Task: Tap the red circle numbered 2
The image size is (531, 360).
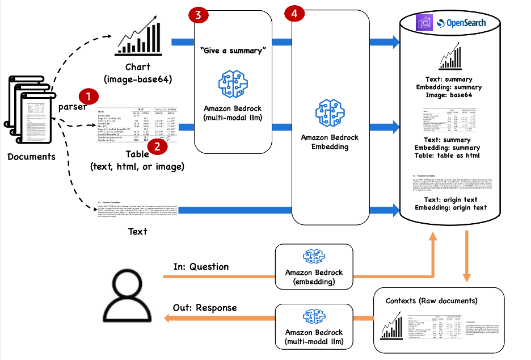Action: click(x=157, y=146)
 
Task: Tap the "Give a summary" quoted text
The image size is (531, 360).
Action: click(x=233, y=51)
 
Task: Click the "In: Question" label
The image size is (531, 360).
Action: click(x=201, y=266)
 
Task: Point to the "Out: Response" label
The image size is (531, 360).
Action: click(x=204, y=307)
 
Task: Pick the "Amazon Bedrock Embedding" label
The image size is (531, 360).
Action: click(x=332, y=142)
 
